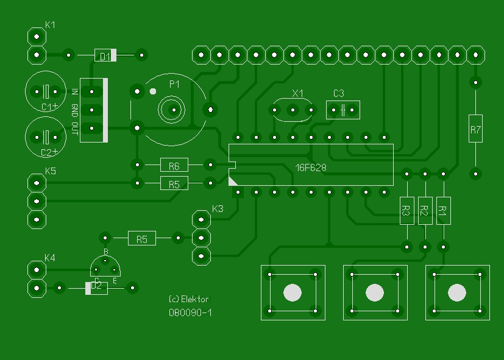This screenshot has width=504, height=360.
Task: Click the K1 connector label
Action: click(x=51, y=26)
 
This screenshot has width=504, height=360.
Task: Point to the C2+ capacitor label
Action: click(x=49, y=152)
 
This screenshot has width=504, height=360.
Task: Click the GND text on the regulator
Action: click(x=74, y=110)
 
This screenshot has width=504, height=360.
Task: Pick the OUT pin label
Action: click(x=74, y=129)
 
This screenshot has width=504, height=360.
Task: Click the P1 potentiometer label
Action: click(x=174, y=84)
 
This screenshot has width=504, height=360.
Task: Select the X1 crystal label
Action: click(x=297, y=93)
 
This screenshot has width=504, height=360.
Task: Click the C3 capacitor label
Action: click(x=339, y=93)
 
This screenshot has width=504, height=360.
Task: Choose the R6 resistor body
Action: click(x=174, y=165)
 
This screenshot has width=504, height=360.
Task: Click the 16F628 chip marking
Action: click(x=310, y=166)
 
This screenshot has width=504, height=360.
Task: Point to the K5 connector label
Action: click(x=50, y=171)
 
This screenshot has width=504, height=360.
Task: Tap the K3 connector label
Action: click(x=218, y=209)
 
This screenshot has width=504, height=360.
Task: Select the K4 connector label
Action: click(x=50, y=258)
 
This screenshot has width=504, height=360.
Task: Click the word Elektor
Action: click(x=195, y=299)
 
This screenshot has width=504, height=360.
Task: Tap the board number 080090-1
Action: click(x=190, y=312)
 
